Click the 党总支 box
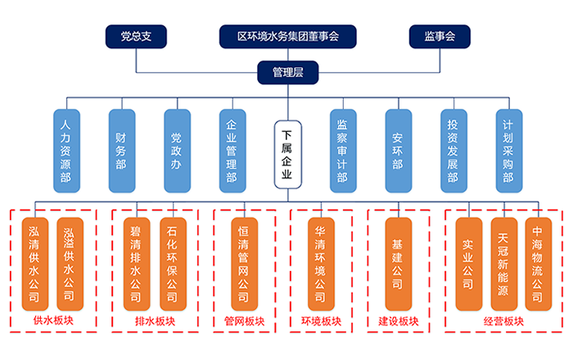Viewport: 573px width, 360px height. click(136, 36)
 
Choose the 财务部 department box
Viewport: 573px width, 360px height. click(121, 152)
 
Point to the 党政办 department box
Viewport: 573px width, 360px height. click(176, 152)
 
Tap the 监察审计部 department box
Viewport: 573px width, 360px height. click(342, 152)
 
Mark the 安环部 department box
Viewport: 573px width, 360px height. click(397, 152)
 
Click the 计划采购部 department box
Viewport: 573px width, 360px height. click(508, 152)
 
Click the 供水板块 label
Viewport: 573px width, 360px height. click(53, 322)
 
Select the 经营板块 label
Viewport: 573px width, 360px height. click(503, 322)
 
